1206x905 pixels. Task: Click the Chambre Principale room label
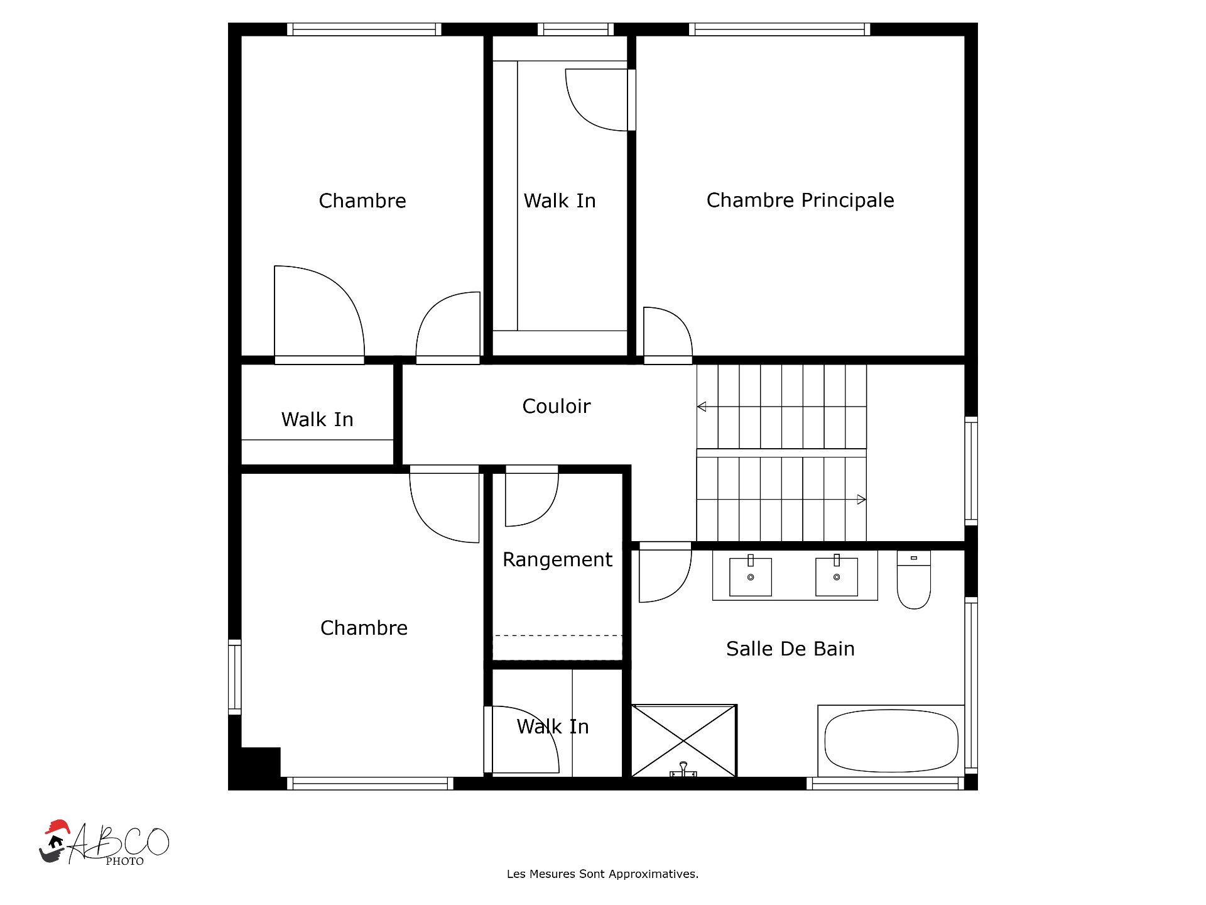[x=800, y=200]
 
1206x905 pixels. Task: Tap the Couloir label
[x=557, y=406]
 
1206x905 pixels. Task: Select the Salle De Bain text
[x=790, y=649]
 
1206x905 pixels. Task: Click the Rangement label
[x=557, y=559]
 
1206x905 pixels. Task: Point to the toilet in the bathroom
[x=914, y=580]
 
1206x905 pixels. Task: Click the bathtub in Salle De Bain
[x=891, y=741]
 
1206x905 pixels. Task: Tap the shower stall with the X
[x=683, y=741]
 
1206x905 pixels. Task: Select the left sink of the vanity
[x=751, y=576]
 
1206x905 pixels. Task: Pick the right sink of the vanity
[x=837, y=576]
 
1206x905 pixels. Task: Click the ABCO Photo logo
[x=104, y=843]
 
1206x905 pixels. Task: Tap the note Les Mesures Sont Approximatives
[x=602, y=874]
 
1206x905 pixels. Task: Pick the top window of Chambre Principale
[x=780, y=30]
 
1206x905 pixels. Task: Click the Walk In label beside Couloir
[x=317, y=419]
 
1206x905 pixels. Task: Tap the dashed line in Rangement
[x=557, y=635]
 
